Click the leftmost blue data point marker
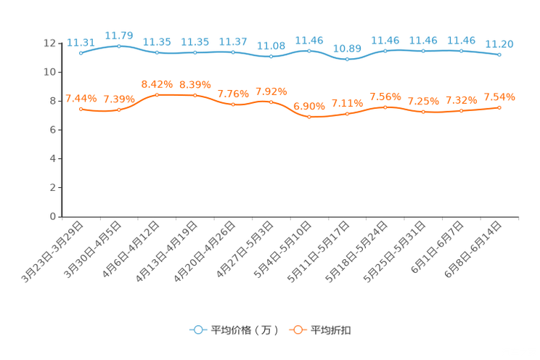(81, 53)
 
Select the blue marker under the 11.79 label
(119, 46)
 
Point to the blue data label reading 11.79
(119, 35)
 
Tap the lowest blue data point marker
(348, 59)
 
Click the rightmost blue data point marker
(499, 54)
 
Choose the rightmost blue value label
(499, 44)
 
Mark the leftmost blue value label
(81, 43)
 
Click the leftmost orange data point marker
(81, 109)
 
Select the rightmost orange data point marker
(499, 107)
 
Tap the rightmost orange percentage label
(499, 97)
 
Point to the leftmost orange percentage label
(81, 98)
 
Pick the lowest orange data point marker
(309, 117)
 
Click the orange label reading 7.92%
(271, 91)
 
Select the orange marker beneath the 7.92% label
(271, 102)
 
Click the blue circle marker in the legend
(197, 330)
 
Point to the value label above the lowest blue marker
(348, 48)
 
